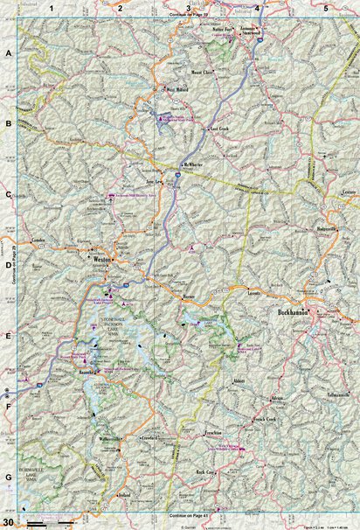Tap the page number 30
[x=8, y=523]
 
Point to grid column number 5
[x=325, y=8]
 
